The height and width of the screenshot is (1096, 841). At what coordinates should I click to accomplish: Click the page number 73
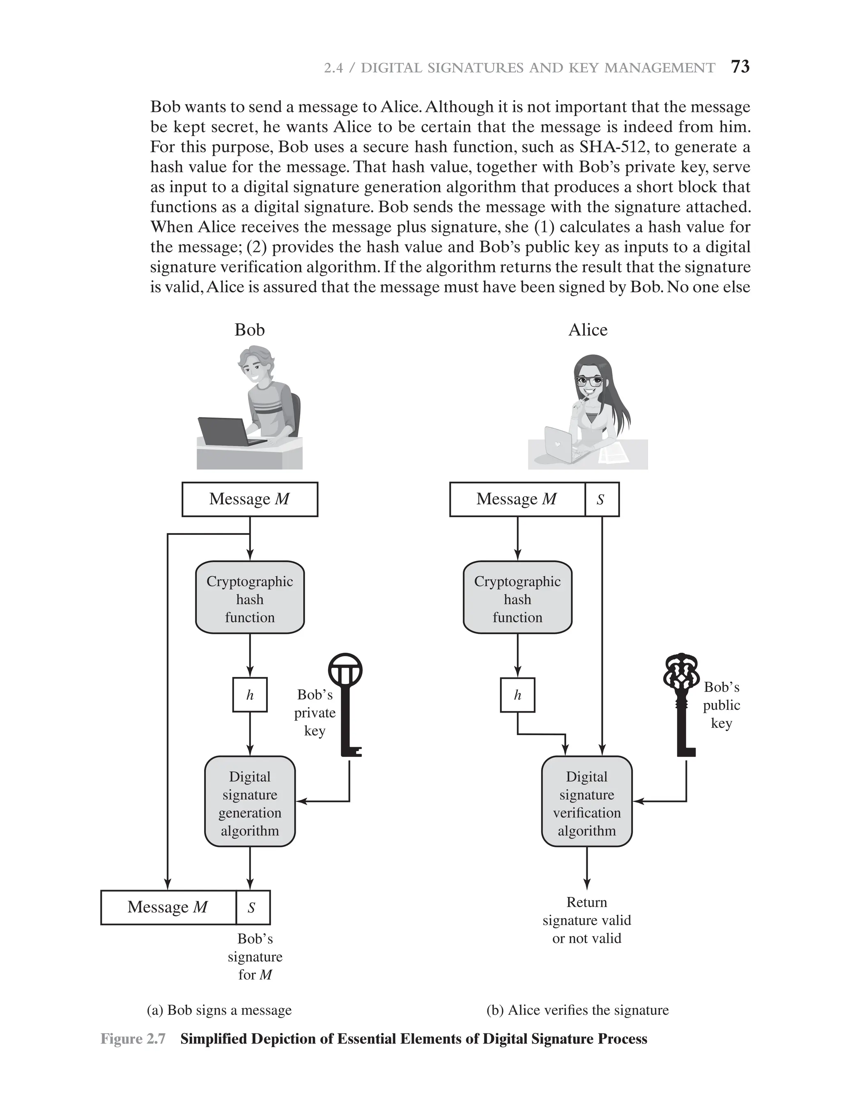tap(740, 66)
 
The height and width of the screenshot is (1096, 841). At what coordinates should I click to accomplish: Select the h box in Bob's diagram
tap(250, 695)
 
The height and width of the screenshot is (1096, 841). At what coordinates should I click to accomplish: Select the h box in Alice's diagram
tap(517, 695)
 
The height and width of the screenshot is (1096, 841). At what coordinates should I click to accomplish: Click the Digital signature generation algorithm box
tap(250, 803)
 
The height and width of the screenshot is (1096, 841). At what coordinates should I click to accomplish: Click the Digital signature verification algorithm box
tap(587, 803)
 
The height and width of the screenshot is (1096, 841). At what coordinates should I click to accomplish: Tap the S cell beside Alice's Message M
tap(602, 499)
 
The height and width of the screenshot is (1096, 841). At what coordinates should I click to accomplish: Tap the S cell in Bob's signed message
tap(252, 907)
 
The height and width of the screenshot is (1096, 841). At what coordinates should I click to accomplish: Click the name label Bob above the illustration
tap(249, 330)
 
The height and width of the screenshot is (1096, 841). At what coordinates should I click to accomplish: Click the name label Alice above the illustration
tap(588, 330)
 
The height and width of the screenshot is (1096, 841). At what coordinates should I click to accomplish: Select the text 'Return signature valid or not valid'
tap(587, 920)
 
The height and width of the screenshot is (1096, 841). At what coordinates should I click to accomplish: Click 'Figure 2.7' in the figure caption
tap(133, 1039)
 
